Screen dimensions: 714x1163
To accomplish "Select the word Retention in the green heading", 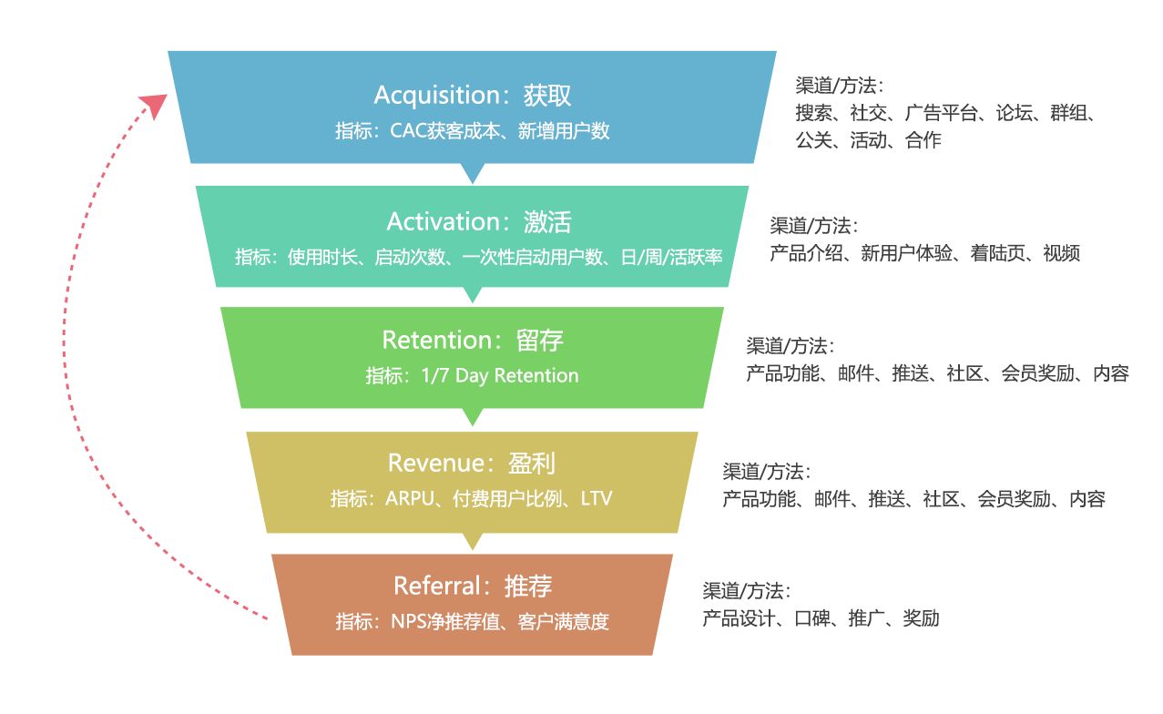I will tap(437, 341).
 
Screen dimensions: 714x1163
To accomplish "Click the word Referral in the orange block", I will tap(438, 585).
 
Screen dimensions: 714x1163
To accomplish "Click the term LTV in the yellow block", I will tap(597, 499).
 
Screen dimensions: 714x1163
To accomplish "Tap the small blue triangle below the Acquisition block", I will tap(472, 173).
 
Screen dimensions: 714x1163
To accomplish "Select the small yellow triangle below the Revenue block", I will tap(472, 541).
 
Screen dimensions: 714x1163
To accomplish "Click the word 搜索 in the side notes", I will tap(813, 114).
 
